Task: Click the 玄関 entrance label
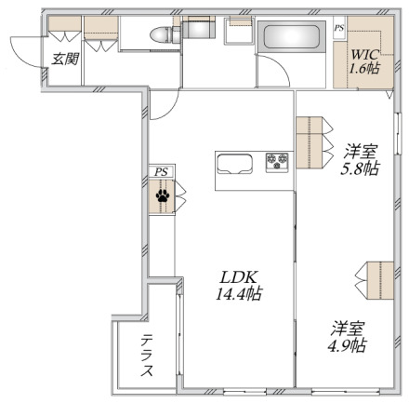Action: (x=65, y=59)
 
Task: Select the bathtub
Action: (x=292, y=36)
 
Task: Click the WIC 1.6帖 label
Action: (x=364, y=61)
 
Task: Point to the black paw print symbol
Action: (x=163, y=195)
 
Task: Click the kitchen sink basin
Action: (x=234, y=164)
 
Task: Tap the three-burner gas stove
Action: (x=277, y=161)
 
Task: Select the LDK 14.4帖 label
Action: (x=239, y=286)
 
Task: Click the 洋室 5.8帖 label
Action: (x=360, y=160)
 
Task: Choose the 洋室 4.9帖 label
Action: (x=348, y=337)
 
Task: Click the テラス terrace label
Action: (x=147, y=356)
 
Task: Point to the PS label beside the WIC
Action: (x=339, y=28)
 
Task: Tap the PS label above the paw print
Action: (x=161, y=171)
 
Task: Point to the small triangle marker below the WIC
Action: (x=389, y=94)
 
